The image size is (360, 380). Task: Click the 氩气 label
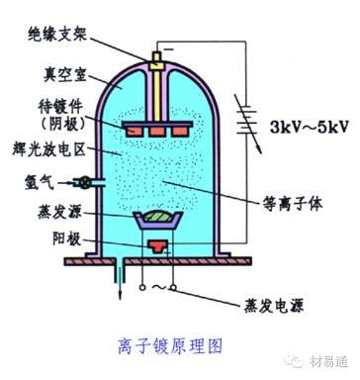[x=40, y=182]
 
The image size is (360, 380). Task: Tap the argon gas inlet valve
[x=87, y=183]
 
